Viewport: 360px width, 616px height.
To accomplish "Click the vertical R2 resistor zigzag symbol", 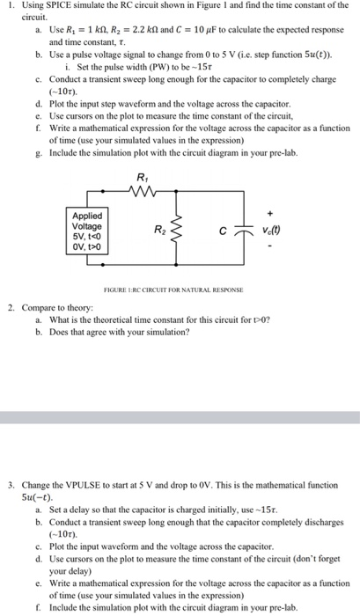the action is [x=180, y=235].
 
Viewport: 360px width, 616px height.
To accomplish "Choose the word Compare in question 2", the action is [x=39, y=309].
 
